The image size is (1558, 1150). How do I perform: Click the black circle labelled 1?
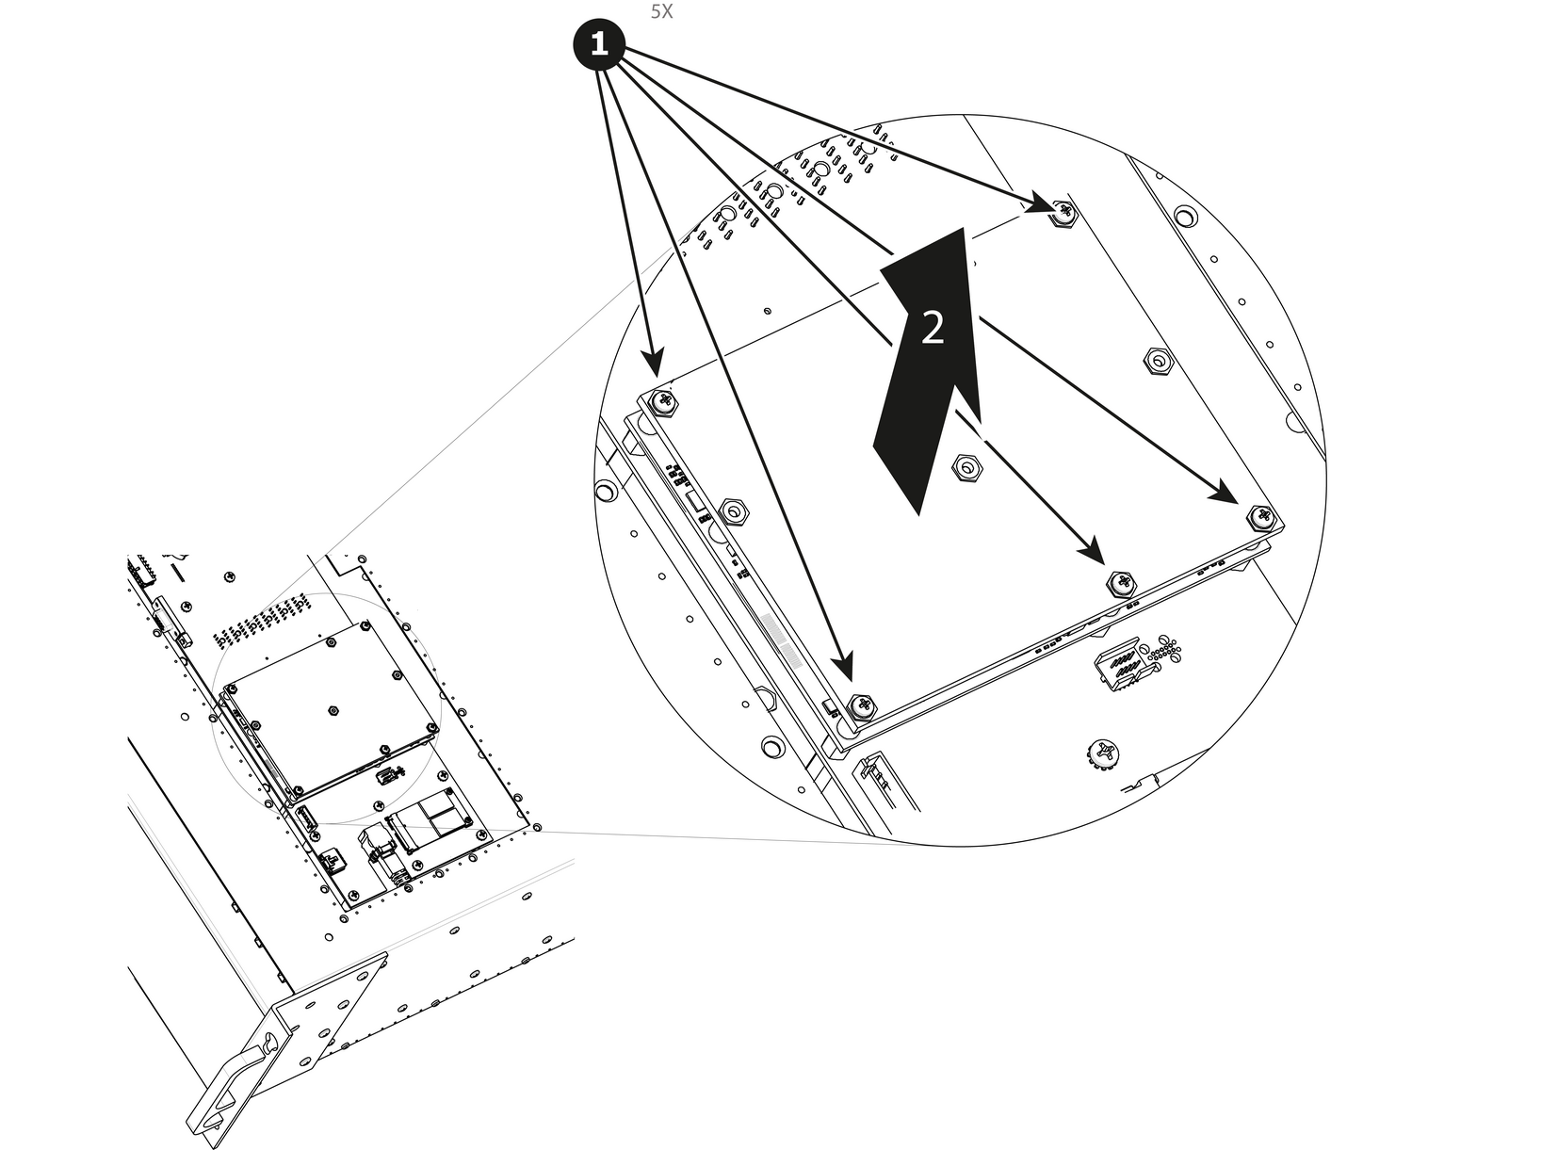pos(598,44)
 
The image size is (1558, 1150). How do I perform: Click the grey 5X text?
pos(661,11)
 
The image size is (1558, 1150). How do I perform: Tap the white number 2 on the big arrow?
pos(933,328)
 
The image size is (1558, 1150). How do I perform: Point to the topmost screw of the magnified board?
pos(1064,212)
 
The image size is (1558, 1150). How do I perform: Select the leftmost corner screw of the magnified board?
pos(662,403)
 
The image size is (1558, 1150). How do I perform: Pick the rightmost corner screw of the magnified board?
pos(1261,518)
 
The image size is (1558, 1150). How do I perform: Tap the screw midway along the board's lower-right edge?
pos(1121,582)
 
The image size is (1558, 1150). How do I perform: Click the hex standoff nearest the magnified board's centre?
pos(966,467)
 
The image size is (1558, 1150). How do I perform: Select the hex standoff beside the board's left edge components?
pos(734,510)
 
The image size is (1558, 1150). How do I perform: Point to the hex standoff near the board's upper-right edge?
pos(1158,361)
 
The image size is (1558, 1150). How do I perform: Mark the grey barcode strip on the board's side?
pos(781,640)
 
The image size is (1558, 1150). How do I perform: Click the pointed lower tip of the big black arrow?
pos(918,515)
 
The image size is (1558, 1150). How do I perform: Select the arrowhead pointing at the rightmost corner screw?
pos(1225,492)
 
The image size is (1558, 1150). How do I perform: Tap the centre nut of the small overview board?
pos(333,710)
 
